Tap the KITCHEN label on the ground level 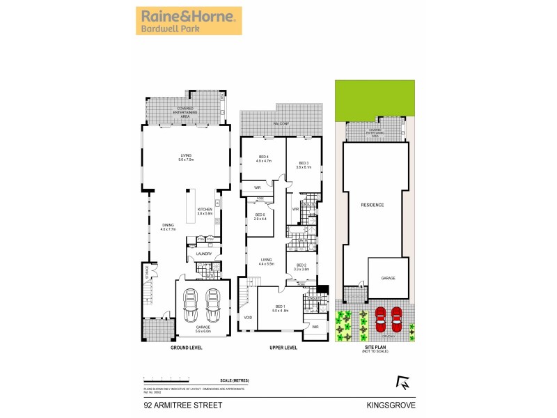click(x=204, y=210)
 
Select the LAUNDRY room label click(x=203, y=254)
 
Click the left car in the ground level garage click(x=189, y=304)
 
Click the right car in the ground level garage click(x=213, y=304)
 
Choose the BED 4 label click(x=261, y=157)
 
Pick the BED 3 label click(x=303, y=163)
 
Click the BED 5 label click(x=260, y=215)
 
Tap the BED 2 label click(x=301, y=266)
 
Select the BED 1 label click(x=280, y=307)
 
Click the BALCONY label click(x=281, y=123)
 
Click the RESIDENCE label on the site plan click(x=373, y=206)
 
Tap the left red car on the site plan click(x=381, y=318)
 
